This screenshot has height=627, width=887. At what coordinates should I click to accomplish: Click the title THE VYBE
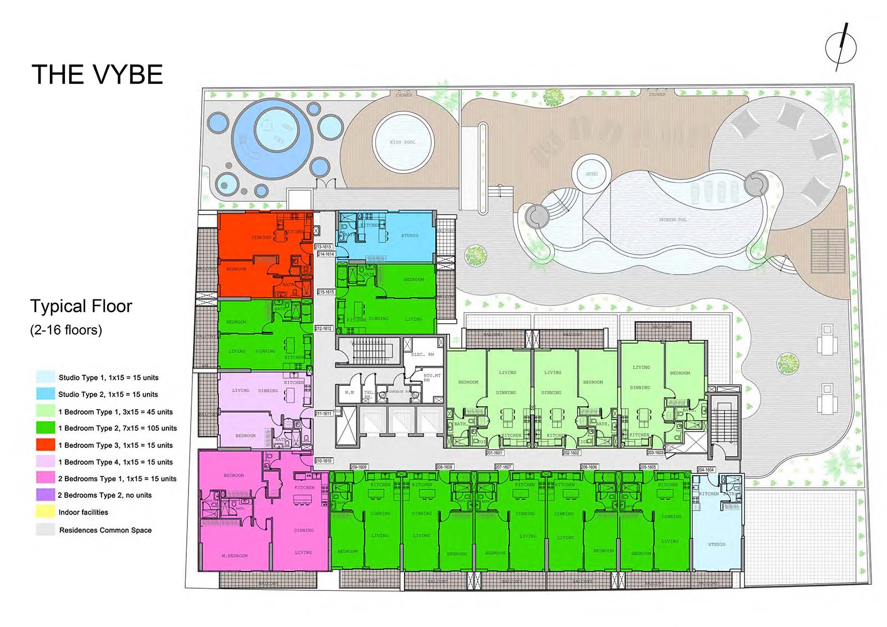tap(97, 74)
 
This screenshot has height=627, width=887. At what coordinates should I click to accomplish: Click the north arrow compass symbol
tap(840, 47)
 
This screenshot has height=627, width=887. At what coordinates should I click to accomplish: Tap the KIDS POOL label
tap(402, 142)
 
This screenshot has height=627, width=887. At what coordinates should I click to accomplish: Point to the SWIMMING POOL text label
tap(672, 220)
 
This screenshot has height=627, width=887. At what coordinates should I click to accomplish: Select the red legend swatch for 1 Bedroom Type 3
tap(45, 445)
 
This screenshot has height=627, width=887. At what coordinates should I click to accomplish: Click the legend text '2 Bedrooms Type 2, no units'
tap(105, 495)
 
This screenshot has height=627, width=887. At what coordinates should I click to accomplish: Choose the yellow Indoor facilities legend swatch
tap(45, 512)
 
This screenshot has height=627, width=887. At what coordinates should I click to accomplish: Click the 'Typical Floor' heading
tap(81, 306)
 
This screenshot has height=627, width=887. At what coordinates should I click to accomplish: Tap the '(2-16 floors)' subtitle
tap(66, 330)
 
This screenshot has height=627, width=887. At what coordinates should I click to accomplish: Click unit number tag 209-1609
tap(359, 467)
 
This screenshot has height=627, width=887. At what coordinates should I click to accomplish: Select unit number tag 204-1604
tap(706, 470)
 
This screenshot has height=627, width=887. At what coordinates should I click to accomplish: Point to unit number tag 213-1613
tap(323, 247)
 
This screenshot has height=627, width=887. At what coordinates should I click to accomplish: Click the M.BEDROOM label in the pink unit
tap(235, 555)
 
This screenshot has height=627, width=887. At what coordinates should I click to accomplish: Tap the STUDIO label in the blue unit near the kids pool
tap(410, 236)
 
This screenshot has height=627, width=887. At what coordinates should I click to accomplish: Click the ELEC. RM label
tap(422, 354)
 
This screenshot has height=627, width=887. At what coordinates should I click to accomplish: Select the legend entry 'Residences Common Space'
tap(105, 530)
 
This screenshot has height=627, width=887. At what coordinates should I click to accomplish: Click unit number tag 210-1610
tap(323, 461)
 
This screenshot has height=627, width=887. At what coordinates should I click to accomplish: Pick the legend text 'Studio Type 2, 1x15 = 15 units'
tap(108, 394)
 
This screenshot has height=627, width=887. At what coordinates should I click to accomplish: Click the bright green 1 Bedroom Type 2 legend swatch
tap(45, 427)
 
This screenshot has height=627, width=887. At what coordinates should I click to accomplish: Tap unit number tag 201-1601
tap(494, 453)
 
